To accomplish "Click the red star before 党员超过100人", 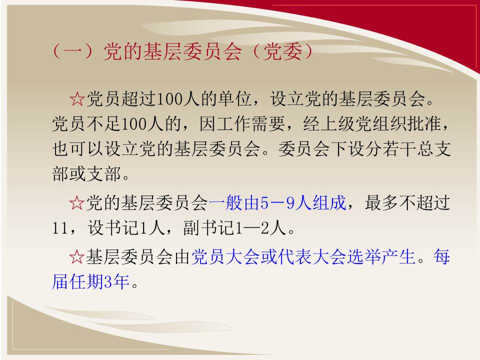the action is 77,99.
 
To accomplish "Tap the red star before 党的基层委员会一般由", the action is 76,202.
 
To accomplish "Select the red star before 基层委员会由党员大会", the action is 76,256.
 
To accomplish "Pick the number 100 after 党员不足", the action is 134,124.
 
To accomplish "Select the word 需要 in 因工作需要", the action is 268,124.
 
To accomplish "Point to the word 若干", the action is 398,149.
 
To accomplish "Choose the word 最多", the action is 381,202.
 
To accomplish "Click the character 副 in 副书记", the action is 191,228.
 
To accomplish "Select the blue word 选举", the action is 363,256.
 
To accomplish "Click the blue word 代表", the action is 294,256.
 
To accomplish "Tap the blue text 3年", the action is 117,281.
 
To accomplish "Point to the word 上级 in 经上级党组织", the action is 338,124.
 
